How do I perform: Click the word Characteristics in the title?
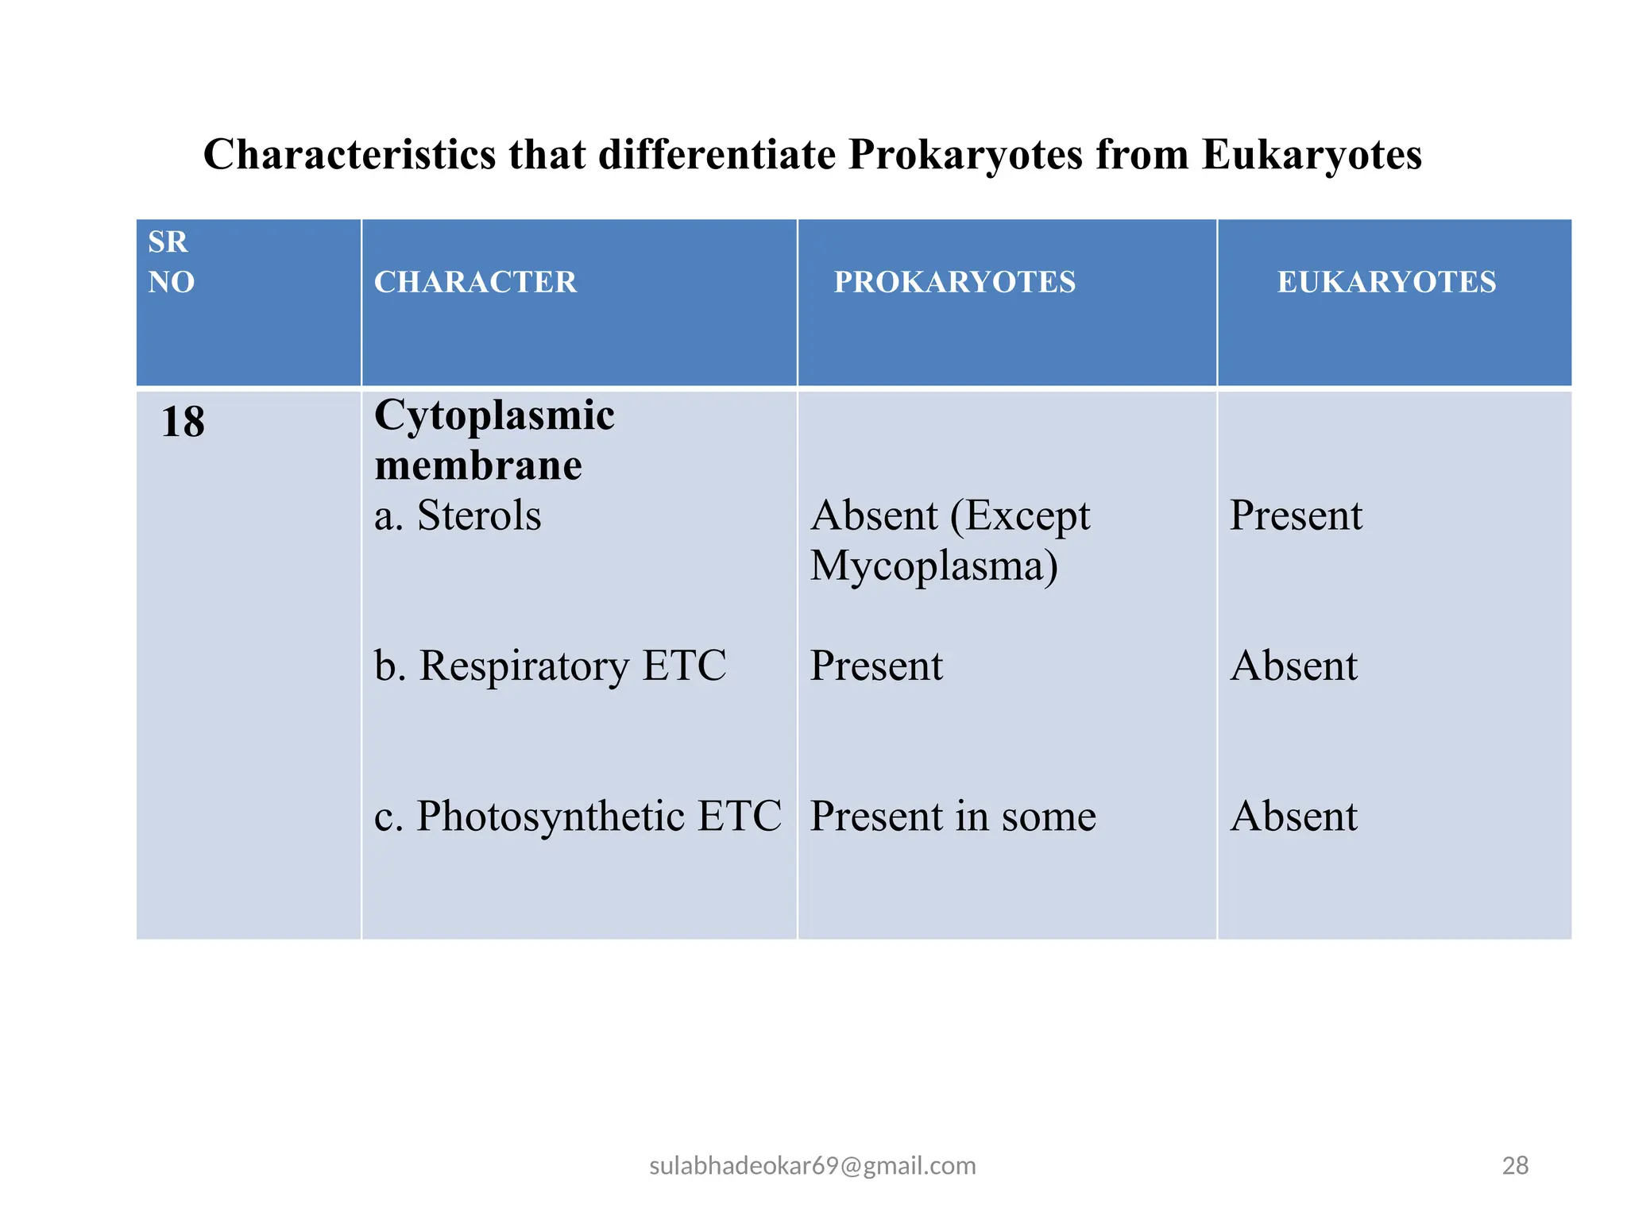point(350,154)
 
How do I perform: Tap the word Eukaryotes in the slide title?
point(1311,154)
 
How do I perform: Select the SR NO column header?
point(171,261)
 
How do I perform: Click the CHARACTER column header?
point(475,282)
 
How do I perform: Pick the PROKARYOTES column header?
point(954,282)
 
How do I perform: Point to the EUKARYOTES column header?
point(1386,282)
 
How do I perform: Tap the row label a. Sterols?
point(458,515)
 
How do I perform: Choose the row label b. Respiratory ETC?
point(550,665)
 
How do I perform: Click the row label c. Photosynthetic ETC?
point(578,816)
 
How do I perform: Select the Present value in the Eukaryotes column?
point(1296,515)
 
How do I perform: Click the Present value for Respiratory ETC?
point(876,665)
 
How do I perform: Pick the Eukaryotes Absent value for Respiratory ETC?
point(1293,665)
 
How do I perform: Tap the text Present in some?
point(953,816)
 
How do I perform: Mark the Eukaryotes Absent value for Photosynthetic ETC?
point(1293,816)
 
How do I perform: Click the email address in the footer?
point(813,1165)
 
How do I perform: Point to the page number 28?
point(1515,1165)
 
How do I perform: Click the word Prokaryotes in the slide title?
point(965,154)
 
